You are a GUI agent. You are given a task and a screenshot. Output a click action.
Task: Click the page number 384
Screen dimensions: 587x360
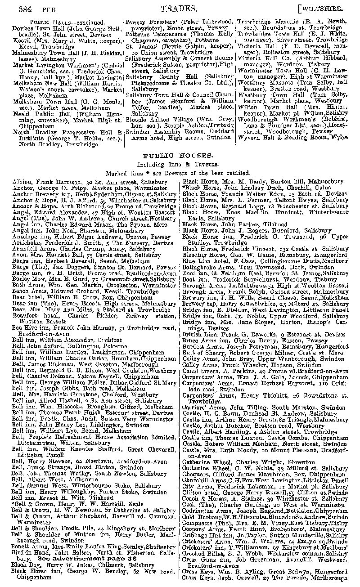[21, 8]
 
